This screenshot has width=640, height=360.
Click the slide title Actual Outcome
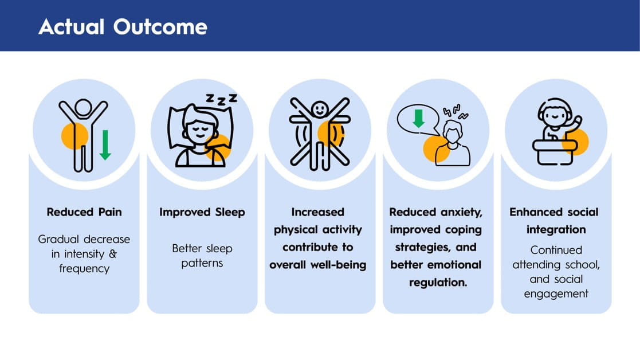tap(123, 27)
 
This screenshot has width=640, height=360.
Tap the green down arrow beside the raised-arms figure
tap(105, 144)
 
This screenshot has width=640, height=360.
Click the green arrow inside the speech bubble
tap(418, 118)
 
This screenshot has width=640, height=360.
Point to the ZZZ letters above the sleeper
tap(221, 99)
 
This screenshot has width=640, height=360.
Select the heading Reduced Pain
tap(84, 212)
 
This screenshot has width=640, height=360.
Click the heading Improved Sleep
tap(202, 212)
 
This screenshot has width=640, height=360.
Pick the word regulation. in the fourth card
tap(438, 283)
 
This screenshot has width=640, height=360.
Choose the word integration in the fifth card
tap(556, 230)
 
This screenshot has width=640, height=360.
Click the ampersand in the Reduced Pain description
tap(113, 254)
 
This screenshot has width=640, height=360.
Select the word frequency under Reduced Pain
tap(84, 269)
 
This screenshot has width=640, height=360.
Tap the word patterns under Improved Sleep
tap(202, 263)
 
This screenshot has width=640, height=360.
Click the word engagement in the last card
tap(556, 294)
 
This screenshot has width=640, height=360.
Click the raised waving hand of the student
tap(577, 121)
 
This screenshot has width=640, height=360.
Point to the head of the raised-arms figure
tap(83, 107)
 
